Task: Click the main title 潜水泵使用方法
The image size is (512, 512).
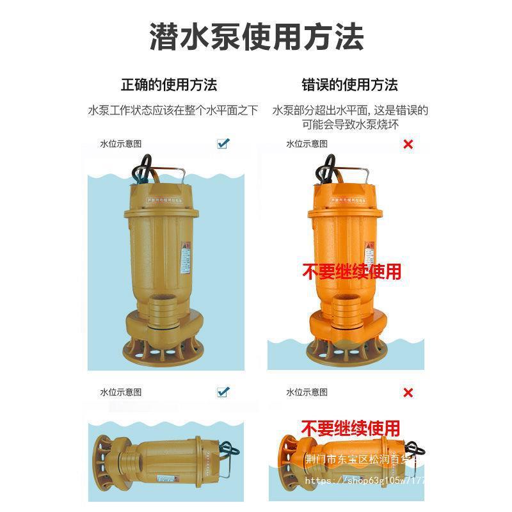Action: tap(256, 37)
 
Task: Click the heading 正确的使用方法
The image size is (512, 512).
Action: tap(169, 84)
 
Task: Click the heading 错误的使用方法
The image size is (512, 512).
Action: tap(349, 84)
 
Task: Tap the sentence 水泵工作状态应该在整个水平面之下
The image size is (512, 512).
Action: tap(173, 111)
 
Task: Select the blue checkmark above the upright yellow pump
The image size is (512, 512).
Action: tap(223, 143)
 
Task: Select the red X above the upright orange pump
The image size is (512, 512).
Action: tap(408, 144)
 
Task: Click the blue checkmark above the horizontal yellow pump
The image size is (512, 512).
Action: tap(223, 392)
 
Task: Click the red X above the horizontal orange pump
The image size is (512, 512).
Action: tap(408, 392)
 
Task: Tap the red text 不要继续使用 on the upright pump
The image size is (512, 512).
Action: tap(351, 271)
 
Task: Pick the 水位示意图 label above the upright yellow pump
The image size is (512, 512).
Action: tap(120, 144)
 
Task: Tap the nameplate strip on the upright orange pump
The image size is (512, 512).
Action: tap(351, 200)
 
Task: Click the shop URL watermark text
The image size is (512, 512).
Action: tap(365, 479)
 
